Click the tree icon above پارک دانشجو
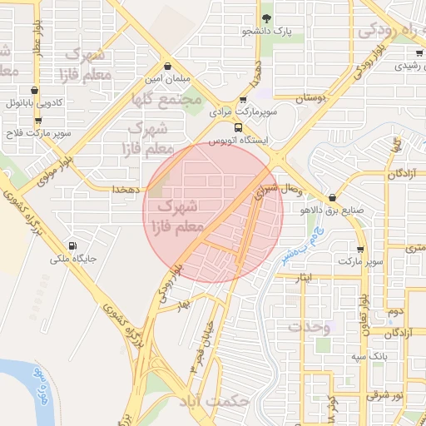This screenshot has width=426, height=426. [x=266, y=17]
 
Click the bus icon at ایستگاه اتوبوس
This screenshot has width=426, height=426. [x=239, y=127]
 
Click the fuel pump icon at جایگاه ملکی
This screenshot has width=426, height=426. [x=72, y=245]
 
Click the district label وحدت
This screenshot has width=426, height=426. [x=309, y=327]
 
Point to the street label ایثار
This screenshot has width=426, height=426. [x=305, y=276]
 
